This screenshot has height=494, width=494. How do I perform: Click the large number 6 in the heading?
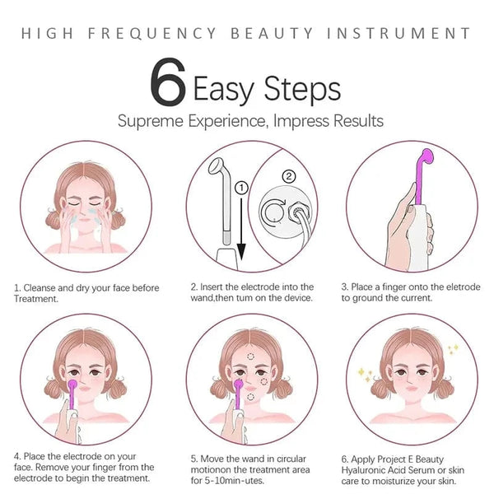pos(167,82)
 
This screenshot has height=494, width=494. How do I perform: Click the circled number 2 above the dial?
pos(288,175)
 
